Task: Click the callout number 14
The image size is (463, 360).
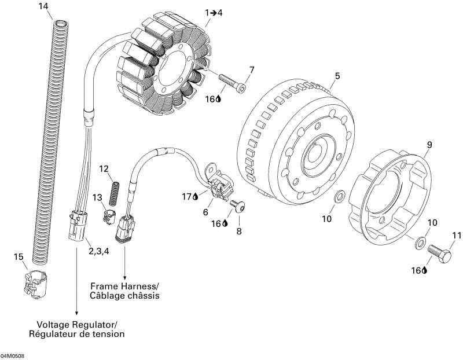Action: [43, 6]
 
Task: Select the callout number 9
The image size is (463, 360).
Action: [429, 144]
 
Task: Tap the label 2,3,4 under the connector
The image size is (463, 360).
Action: [100, 251]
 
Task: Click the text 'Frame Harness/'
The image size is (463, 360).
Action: [125, 286]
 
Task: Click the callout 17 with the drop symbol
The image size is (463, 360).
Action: [189, 197]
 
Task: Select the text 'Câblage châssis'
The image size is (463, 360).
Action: [124, 296]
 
